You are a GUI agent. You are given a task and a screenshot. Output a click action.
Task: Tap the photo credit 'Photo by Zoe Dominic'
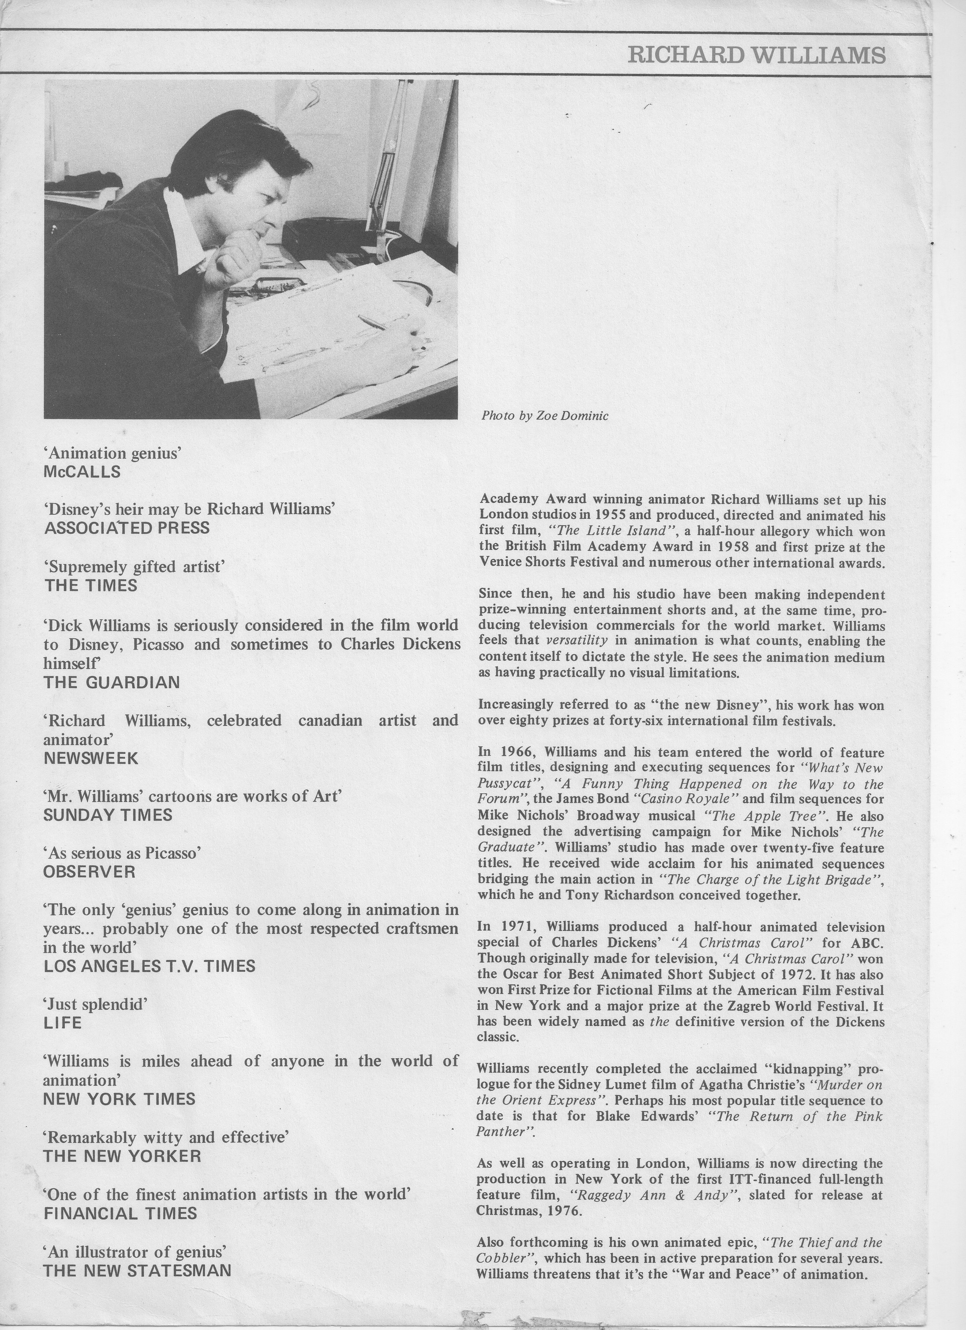pyautogui.click(x=544, y=416)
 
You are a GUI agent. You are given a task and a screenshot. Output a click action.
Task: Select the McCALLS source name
pyautogui.click(x=82, y=472)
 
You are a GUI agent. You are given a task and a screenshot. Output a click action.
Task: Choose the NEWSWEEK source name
pyautogui.click(x=91, y=758)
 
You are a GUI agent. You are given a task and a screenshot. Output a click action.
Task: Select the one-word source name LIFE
pyautogui.click(x=63, y=1023)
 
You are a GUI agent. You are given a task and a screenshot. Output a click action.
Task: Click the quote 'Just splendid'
pyautogui.click(x=95, y=1004)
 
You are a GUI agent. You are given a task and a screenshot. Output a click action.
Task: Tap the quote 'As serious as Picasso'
pyautogui.click(x=122, y=853)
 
